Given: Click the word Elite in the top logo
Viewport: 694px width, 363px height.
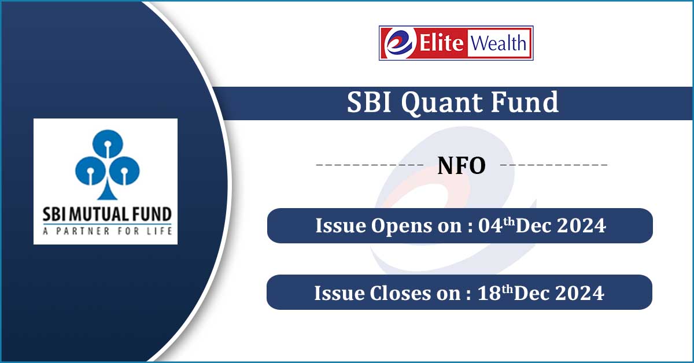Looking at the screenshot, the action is pos(441,43).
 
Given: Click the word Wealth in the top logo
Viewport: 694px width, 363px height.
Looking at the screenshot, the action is pos(499,43).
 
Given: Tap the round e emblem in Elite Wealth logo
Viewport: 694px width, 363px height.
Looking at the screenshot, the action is pos(399,43).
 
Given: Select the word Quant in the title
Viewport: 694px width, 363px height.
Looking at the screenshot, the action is pos(442,103).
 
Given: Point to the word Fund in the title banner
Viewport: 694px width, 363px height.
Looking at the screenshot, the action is pos(525,102).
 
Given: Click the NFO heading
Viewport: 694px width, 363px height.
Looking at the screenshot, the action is pos(462,166).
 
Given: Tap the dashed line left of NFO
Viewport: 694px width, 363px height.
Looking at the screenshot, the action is pos(370,165).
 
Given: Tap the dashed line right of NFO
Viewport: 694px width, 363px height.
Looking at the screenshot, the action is pos(554,165).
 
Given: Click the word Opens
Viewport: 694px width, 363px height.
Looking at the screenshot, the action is pos(401,227).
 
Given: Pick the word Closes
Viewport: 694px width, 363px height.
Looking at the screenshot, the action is pos(400,293).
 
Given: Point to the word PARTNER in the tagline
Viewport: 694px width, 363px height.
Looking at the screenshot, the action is pos(83,231).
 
